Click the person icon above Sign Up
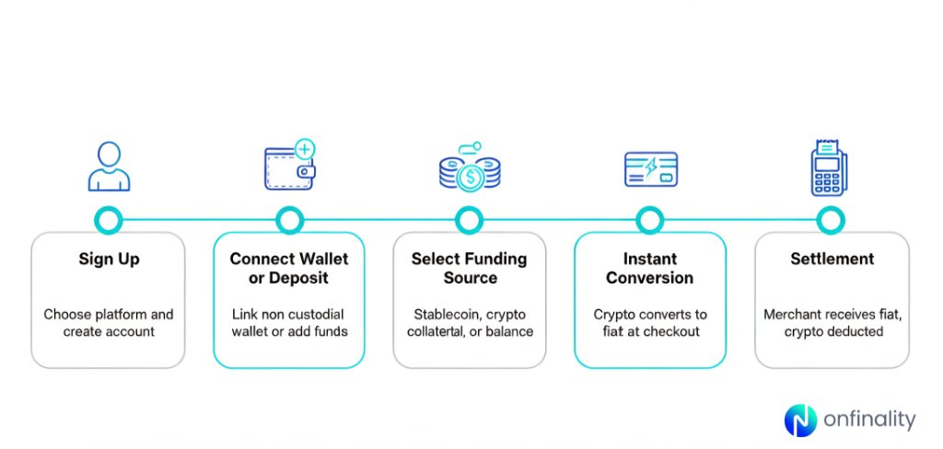[109, 167]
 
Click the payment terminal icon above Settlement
[829, 167]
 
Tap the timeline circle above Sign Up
[109, 220]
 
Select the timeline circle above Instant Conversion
[650, 220]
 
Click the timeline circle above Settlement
[830, 220]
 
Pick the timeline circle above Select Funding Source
[470, 220]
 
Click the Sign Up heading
[109, 259]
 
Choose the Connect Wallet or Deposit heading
[289, 268]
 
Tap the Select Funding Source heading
[470, 268]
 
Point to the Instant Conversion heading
[650, 268]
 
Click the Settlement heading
[832, 259]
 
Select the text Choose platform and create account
[108, 323]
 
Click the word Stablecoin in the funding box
[441, 315]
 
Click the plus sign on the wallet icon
[304, 149]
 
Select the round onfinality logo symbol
[800, 420]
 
